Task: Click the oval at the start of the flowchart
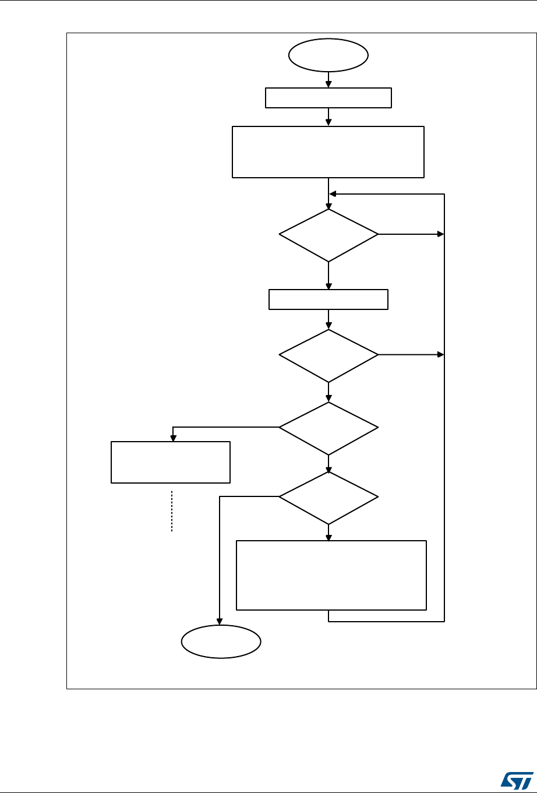click(328, 55)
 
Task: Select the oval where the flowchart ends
click(221, 642)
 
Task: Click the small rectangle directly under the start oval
click(328, 98)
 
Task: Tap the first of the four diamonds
click(328, 235)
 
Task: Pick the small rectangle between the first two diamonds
click(328, 299)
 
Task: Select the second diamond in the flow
click(328, 355)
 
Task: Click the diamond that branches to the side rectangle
click(328, 428)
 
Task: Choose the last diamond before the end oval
click(328, 497)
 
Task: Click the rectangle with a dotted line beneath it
click(171, 462)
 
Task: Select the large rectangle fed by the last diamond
click(331, 575)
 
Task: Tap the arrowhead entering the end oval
click(221, 622)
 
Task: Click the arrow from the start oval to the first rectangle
click(328, 79)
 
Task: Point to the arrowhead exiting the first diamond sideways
click(440, 235)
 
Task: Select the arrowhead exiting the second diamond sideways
click(440, 355)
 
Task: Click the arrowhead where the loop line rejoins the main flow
click(333, 194)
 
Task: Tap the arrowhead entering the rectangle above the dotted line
click(172, 438)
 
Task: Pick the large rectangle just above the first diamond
click(328, 151)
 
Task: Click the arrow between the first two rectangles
click(328, 117)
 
